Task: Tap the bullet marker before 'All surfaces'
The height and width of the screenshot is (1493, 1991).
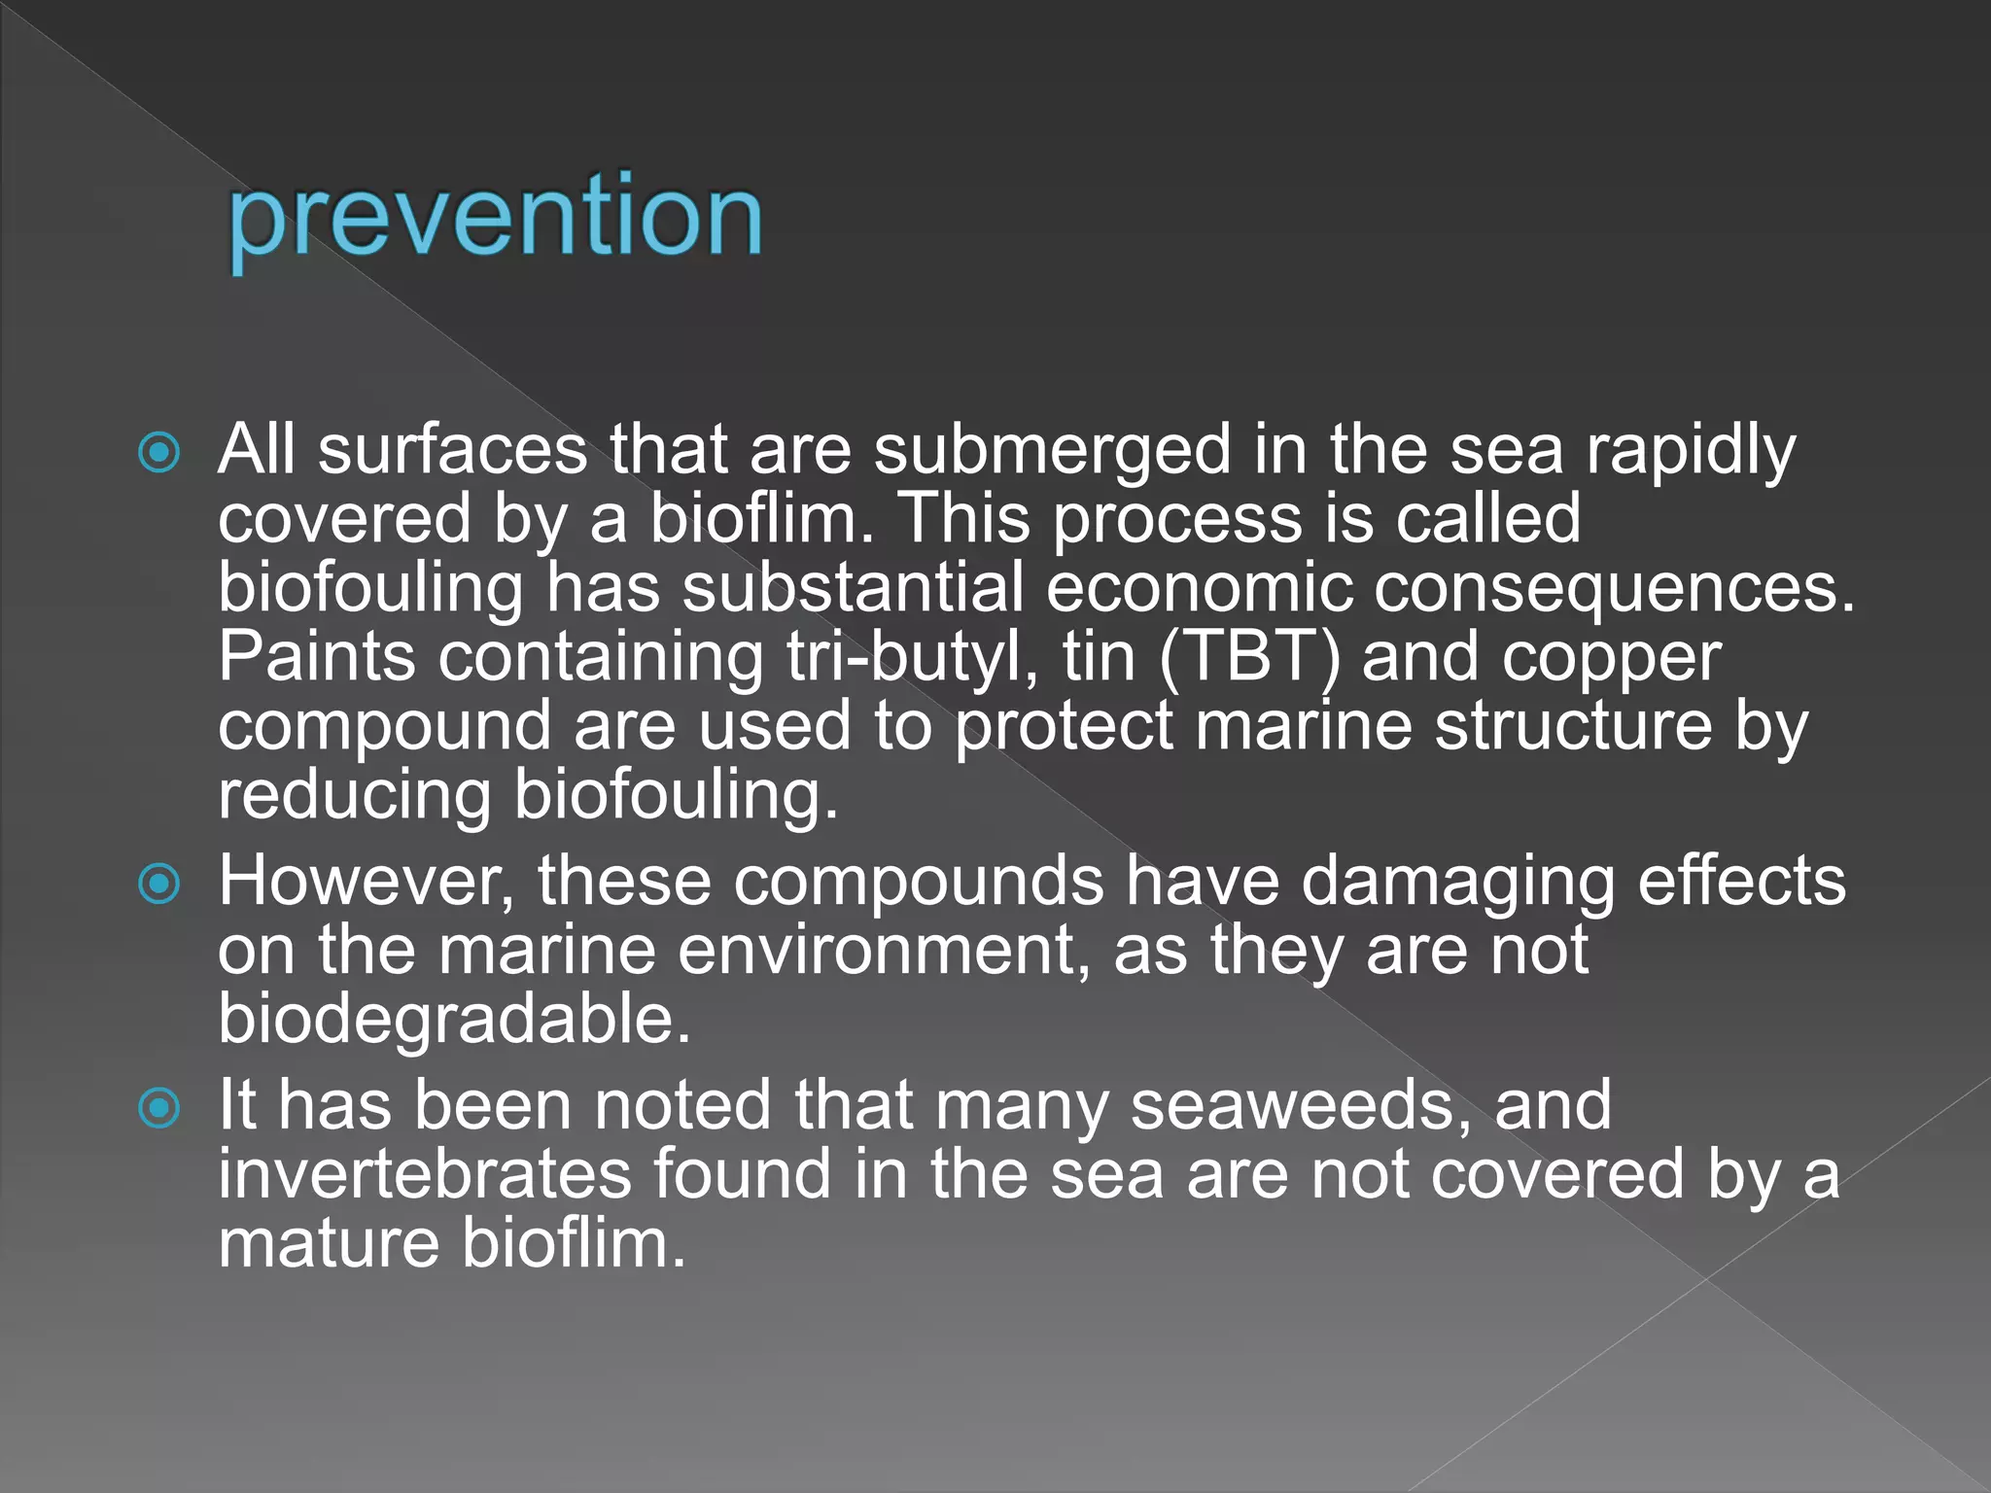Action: point(159,452)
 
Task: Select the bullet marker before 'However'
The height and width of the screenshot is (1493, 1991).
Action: point(159,884)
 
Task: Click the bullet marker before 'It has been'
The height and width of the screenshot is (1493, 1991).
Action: point(159,1108)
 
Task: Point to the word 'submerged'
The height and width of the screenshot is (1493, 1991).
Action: point(1052,452)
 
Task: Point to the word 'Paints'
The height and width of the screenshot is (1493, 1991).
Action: point(317,657)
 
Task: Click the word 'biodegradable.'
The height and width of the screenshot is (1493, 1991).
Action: point(454,1020)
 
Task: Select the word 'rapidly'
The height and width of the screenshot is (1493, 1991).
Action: point(1691,454)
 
